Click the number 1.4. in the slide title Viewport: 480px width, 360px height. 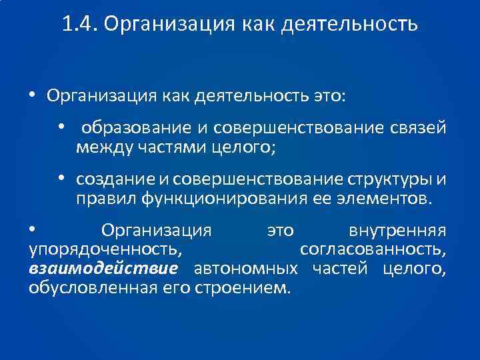click(79, 25)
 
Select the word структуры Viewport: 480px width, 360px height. click(389, 181)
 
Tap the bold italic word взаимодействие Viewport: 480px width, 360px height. click(103, 269)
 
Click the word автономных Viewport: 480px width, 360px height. click(245, 269)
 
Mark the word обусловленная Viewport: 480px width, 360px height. click(87, 287)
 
